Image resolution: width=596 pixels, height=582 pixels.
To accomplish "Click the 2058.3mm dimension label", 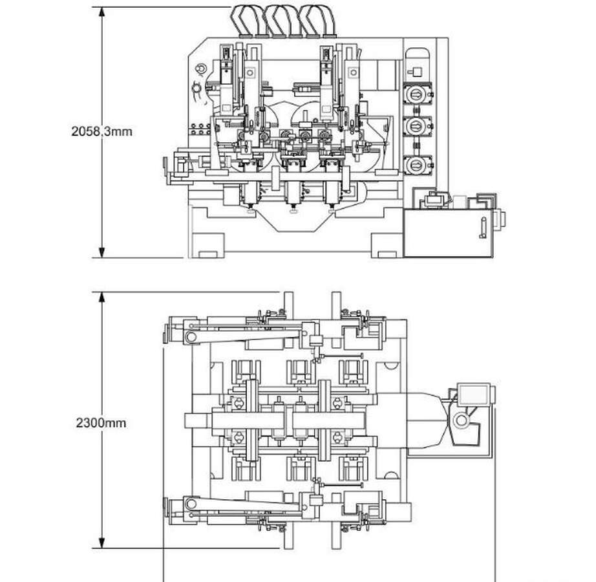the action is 102,131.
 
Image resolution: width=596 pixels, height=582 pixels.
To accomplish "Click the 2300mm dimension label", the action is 101,423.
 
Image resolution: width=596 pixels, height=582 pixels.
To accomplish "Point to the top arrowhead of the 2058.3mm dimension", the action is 101,12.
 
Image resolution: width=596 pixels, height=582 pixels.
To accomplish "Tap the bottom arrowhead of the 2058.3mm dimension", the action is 101,253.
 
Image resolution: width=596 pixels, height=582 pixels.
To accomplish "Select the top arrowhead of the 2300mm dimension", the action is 101,297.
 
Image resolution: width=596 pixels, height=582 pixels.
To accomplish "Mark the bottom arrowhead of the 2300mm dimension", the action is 101,543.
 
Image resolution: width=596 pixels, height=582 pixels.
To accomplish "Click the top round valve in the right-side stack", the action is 417,94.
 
